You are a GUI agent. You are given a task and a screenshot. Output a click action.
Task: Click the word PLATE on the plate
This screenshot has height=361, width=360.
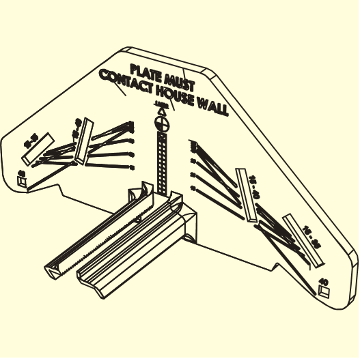tap(146, 71)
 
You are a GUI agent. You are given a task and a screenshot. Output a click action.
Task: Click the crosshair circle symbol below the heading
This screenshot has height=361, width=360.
tap(162, 124)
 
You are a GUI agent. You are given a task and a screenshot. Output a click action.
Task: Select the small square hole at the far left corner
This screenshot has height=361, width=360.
tap(22, 181)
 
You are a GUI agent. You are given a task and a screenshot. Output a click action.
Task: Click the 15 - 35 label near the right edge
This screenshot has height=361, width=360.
tap(312, 235)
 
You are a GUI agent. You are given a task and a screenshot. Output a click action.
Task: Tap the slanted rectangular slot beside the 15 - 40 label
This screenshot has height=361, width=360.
tap(245, 194)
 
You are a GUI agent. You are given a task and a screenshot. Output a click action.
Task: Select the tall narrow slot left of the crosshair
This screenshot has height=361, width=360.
tap(83, 143)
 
